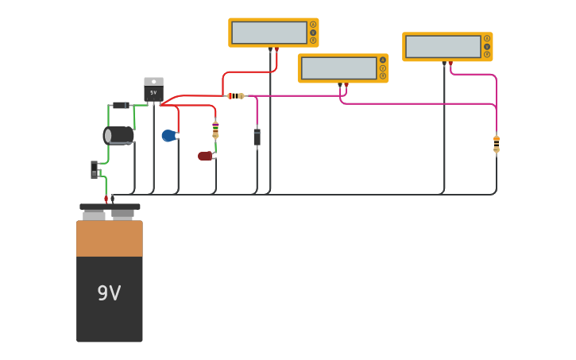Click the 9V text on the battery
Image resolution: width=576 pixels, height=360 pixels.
click(109, 293)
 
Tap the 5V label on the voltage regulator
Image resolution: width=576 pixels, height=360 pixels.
click(153, 92)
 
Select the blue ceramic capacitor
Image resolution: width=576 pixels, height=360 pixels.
click(168, 136)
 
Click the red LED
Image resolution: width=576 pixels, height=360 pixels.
click(205, 156)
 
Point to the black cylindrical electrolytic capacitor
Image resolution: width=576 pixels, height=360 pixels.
click(119, 135)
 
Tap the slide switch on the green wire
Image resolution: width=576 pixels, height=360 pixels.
click(95, 169)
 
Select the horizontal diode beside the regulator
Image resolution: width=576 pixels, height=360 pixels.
click(120, 105)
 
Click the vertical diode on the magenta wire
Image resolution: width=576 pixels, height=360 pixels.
click(257, 137)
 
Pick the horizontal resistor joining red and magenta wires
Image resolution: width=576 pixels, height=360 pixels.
click(236, 96)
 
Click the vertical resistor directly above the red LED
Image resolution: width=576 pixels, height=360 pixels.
click(215, 129)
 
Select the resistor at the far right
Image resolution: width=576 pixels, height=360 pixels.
click(497, 144)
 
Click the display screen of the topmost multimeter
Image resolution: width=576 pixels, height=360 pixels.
click(269, 33)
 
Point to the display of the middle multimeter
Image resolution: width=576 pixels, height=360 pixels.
click(338, 68)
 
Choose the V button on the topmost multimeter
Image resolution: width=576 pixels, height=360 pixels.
click(313, 33)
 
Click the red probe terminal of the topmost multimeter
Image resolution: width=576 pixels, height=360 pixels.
click(276, 49)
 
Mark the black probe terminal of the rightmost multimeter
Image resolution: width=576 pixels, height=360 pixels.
click(444, 63)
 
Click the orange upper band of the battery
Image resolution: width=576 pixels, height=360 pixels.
click(110, 238)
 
